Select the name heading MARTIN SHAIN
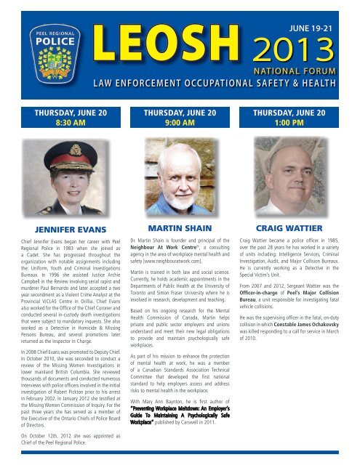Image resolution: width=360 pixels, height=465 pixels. pyautogui.click(x=180, y=230)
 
